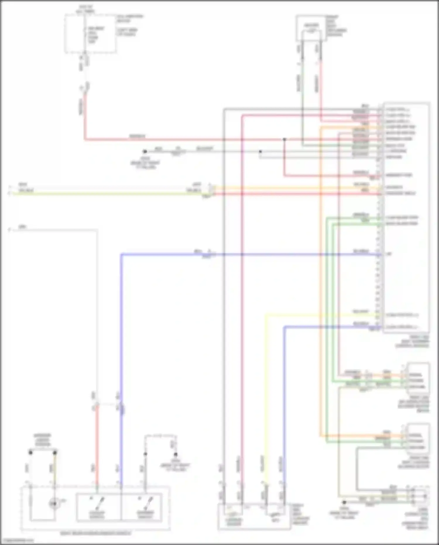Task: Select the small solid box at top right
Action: coord(311,28)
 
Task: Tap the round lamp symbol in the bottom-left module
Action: coord(54,504)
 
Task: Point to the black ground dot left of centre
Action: coord(145,151)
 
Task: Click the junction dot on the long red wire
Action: coord(284,139)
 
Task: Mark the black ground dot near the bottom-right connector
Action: coord(344,502)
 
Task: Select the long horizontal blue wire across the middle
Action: coord(176,254)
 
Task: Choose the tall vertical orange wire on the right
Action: coord(320,278)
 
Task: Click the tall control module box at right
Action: coord(406,217)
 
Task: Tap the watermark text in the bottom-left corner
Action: coord(18,541)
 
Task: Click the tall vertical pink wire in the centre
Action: coord(242,293)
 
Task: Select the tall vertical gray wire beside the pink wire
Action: coord(224,293)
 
